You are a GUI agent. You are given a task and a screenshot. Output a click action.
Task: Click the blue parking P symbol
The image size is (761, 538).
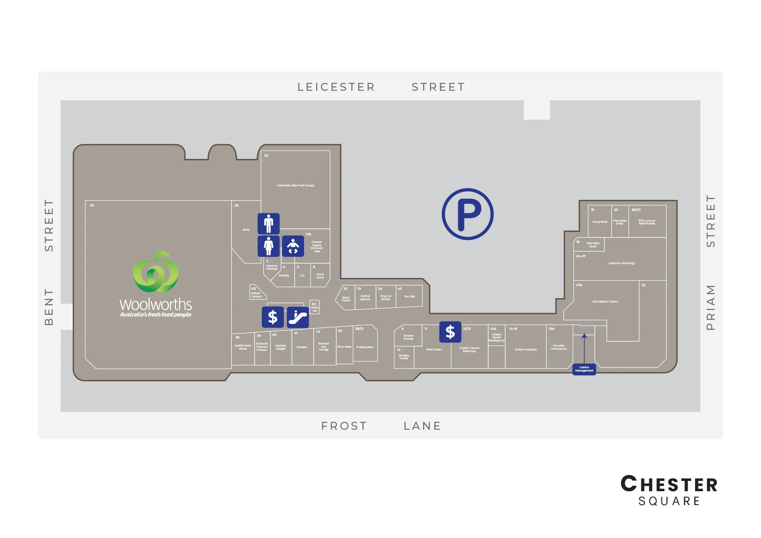point(468,214)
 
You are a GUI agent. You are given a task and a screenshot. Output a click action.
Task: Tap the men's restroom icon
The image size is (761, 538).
point(268,224)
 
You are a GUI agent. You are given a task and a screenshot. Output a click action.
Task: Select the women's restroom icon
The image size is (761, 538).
point(268,246)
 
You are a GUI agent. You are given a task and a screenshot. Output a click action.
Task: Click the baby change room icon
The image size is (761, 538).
point(293,246)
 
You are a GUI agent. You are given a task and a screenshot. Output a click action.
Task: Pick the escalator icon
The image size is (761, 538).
point(298,317)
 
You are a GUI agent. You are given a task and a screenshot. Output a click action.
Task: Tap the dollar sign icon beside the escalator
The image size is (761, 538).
point(272,317)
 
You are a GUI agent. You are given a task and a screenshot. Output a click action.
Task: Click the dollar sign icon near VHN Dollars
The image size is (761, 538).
point(450,332)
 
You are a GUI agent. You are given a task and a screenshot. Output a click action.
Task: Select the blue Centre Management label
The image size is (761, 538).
point(584,369)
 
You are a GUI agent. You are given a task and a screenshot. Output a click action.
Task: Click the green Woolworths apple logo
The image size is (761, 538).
point(155,272)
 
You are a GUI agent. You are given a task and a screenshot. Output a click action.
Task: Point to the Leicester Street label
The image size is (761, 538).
point(381,87)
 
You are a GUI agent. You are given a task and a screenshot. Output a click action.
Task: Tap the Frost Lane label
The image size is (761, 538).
point(381,426)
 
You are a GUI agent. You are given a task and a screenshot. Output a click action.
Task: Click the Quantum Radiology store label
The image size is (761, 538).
point(621,263)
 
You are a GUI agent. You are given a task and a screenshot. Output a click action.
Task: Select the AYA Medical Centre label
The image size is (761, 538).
point(605,302)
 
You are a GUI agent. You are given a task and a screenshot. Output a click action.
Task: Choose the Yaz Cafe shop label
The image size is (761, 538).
point(409,297)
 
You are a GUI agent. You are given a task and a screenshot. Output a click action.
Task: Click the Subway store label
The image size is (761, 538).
point(284,276)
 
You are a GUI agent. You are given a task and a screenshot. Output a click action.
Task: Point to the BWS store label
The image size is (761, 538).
point(246,230)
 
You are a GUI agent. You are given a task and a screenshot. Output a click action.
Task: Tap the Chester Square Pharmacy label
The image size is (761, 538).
point(469,350)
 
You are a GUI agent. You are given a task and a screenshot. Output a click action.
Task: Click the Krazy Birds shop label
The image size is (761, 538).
point(600,222)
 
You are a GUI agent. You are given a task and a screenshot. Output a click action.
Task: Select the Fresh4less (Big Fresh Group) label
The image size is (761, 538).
point(295,186)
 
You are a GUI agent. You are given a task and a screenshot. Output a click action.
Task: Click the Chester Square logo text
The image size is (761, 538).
point(669,490)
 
